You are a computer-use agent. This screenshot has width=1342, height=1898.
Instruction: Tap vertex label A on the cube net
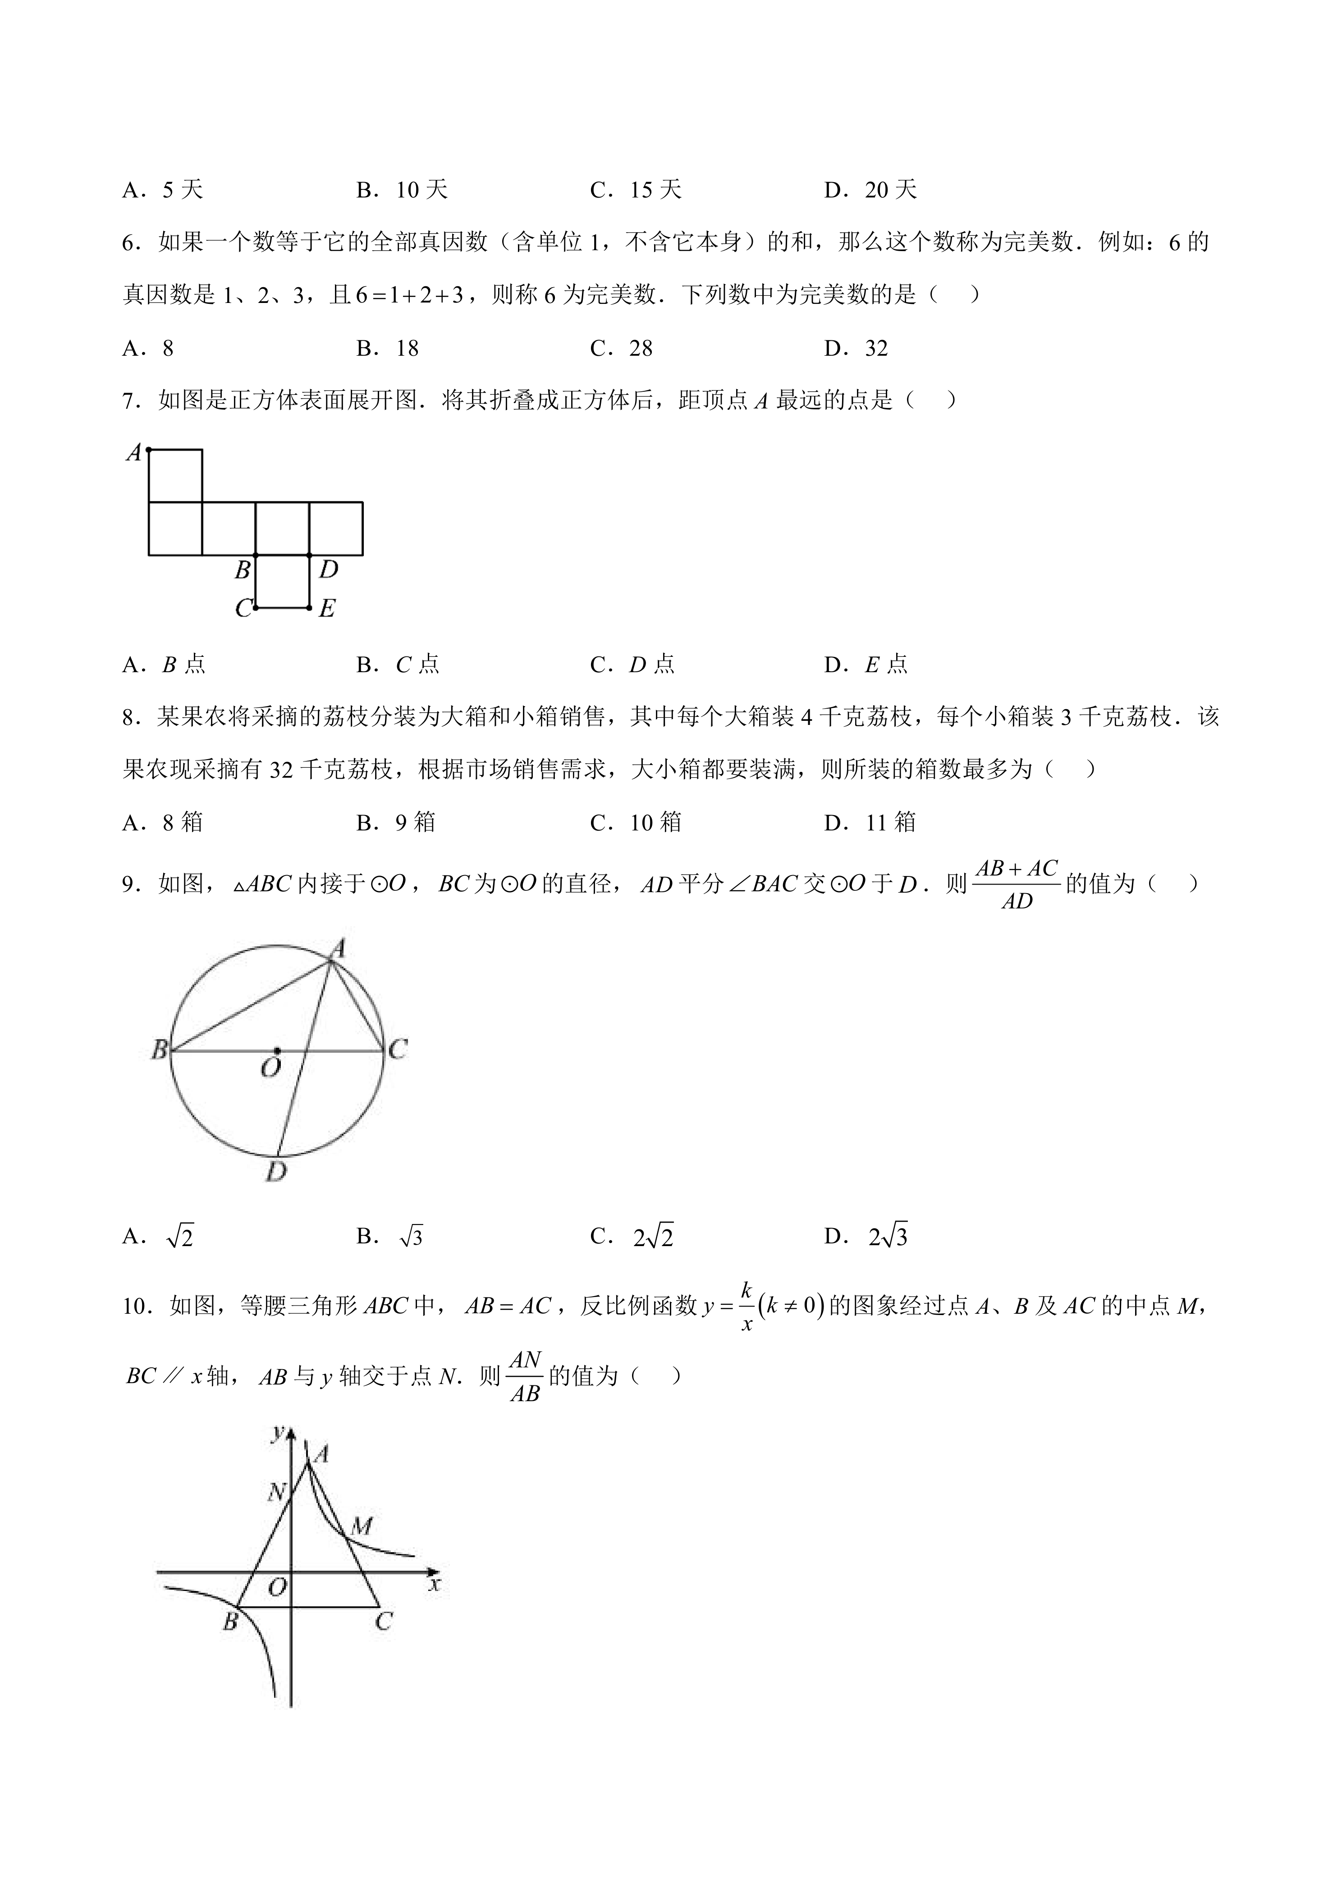pos(133,453)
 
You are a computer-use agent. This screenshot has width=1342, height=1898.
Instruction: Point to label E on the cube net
pos(327,609)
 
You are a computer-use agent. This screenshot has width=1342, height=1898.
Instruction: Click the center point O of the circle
pos(277,1051)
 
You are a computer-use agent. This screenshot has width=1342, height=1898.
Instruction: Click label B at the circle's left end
pos(159,1050)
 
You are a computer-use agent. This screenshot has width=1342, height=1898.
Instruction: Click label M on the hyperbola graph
pos(361,1526)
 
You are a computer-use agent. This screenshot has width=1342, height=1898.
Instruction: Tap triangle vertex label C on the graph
pos(383,1621)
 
